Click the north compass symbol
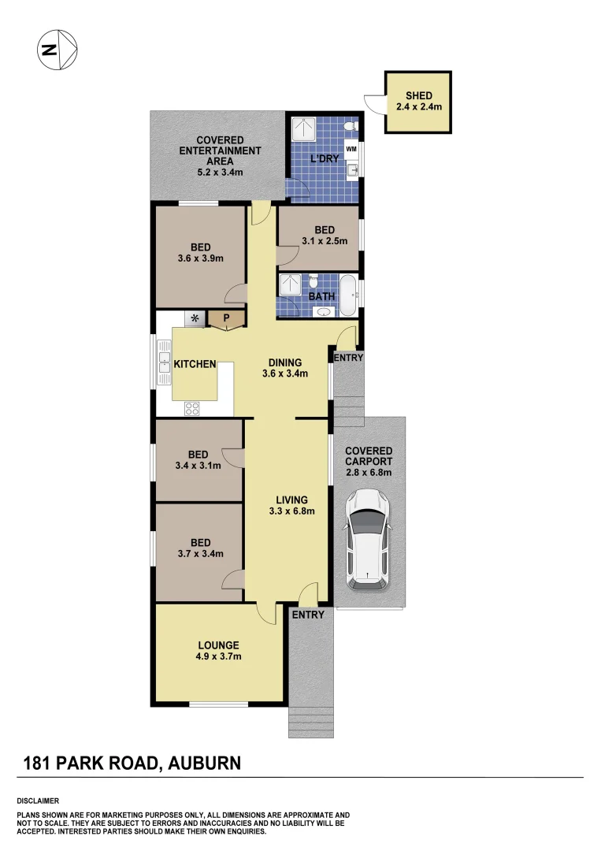pyautogui.click(x=58, y=50)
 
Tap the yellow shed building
pyautogui.click(x=418, y=102)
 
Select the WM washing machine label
pyautogui.click(x=351, y=148)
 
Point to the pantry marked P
pyautogui.click(x=226, y=318)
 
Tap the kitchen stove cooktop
pyautogui.click(x=191, y=407)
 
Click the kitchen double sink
pyautogui.click(x=165, y=362)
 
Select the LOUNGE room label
pyautogui.click(x=219, y=645)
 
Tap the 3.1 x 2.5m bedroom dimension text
pyautogui.click(x=324, y=241)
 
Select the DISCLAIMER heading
pyautogui.click(x=38, y=800)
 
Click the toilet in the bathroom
pyautogui.click(x=313, y=281)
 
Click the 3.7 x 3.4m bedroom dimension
pyautogui.click(x=200, y=553)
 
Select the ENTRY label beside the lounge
pyautogui.click(x=307, y=615)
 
